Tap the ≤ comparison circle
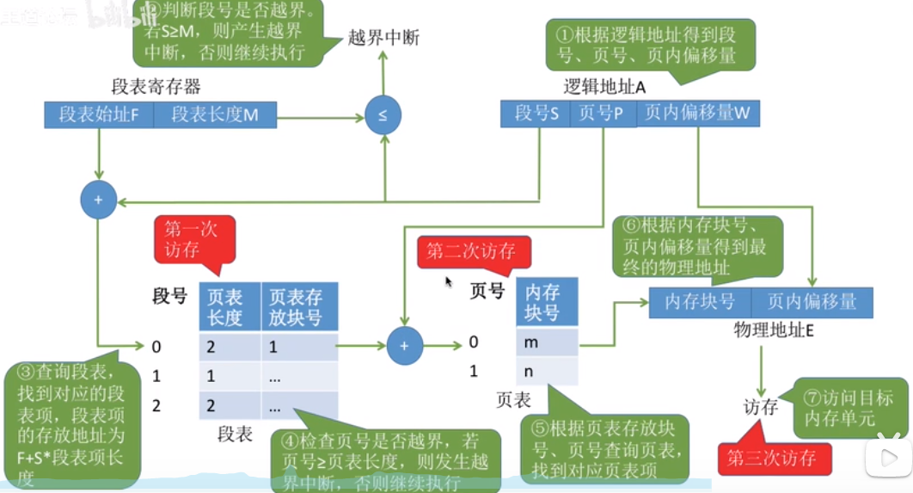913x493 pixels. point(383,115)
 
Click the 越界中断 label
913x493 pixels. point(383,38)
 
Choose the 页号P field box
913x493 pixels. point(602,114)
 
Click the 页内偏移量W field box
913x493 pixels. point(697,114)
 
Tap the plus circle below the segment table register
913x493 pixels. point(98,200)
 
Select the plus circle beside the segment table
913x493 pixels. point(404,346)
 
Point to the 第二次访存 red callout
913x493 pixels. point(471,251)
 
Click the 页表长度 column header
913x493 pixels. point(229,307)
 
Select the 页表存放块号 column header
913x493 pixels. point(297,307)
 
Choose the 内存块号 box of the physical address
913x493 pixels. point(700,302)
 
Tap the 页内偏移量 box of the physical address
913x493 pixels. point(812,302)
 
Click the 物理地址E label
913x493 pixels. point(773,330)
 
